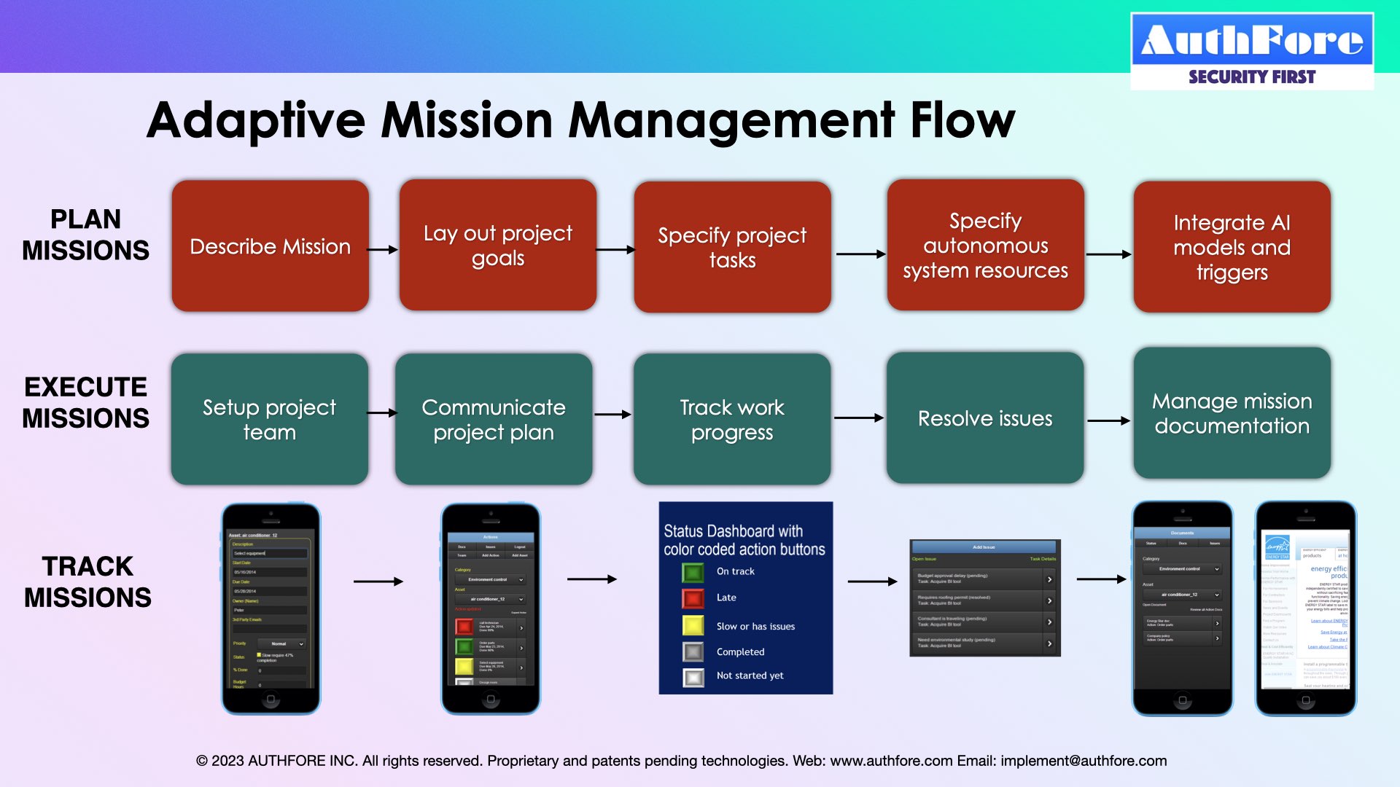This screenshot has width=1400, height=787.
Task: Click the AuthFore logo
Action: coord(1252,51)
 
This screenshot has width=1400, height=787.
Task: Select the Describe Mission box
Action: coord(270,246)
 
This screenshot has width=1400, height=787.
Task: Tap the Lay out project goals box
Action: coord(497,246)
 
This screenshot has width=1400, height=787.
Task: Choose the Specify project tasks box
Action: coord(732,247)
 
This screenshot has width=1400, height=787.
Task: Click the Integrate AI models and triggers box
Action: coord(1232,247)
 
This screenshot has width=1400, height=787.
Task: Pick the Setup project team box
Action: coord(269,419)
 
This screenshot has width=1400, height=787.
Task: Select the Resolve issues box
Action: coord(984,418)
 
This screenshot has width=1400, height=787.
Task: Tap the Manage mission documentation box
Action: coord(1232,413)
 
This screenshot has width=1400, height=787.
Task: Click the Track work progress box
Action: coord(731,419)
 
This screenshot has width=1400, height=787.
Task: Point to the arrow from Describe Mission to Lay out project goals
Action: coord(383,249)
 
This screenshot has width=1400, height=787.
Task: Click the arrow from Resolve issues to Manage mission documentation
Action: coord(1108,420)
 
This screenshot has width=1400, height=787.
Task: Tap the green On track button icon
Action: coord(693,572)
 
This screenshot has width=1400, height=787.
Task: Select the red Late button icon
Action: coord(693,598)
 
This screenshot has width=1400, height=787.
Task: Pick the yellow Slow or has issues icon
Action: coord(693,625)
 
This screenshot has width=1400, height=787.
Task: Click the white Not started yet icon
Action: coord(693,677)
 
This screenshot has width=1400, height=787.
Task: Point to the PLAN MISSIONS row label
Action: coord(85,235)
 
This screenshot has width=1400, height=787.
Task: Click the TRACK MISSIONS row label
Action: coord(87,582)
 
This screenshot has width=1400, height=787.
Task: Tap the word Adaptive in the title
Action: coord(255,120)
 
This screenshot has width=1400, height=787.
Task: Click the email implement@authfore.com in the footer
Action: coord(1084,761)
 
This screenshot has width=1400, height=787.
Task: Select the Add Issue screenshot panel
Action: coord(984,598)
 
